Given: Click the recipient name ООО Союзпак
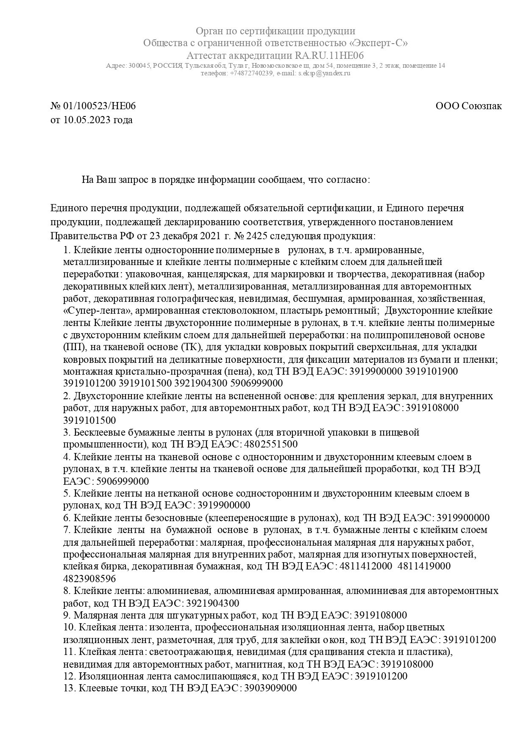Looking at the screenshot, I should (x=468, y=106).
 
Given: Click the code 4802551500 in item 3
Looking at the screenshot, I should (x=271, y=445).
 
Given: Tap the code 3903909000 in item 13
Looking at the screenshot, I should (x=270, y=688).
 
